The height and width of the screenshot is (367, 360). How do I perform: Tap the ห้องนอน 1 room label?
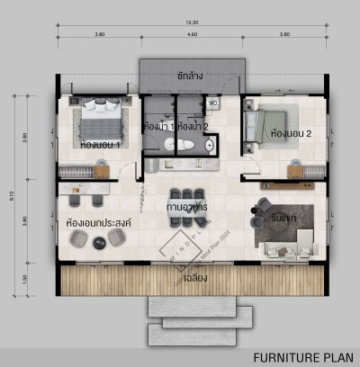click(x=101, y=143)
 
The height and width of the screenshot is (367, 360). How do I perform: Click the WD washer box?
click(x=214, y=103)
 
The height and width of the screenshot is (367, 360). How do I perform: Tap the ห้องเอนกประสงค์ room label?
click(x=95, y=220)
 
